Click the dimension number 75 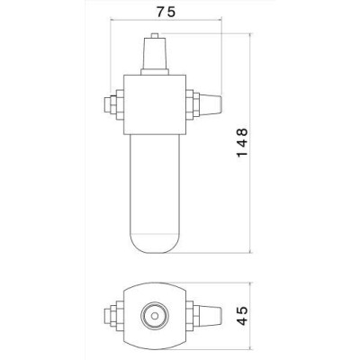point(166,12)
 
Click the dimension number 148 point(242,142)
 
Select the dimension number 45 point(242,316)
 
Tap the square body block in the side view point(155,104)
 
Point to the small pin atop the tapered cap point(155,35)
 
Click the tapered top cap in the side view point(155,54)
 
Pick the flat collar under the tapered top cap point(155,72)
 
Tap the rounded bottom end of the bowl point(155,243)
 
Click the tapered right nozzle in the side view point(211,104)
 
